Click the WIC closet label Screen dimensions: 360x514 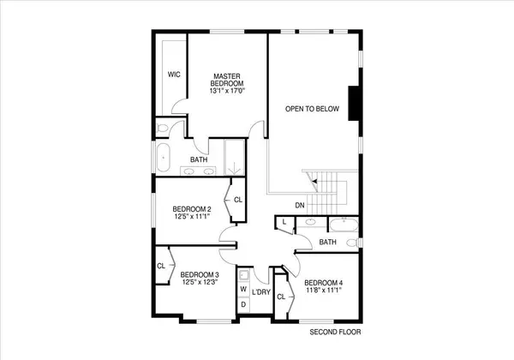click(174, 75)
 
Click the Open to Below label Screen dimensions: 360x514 click(313, 109)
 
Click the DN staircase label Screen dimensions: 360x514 click(300, 205)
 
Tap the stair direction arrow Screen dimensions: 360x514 click(315, 181)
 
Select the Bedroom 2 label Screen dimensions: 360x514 click(192, 210)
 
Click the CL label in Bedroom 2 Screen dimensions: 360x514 click(238, 201)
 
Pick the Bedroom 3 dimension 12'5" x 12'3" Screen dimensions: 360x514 click(200, 282)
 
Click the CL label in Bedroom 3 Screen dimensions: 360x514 click(161, 266)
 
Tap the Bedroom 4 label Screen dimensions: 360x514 click(323, 283)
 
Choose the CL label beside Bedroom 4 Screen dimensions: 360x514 click(281, 297)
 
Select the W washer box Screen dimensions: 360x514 click(242, 290)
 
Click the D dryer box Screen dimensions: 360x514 click(242, 304)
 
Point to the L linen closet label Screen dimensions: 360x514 click(284, 223)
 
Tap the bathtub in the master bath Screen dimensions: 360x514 click(163, 157)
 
